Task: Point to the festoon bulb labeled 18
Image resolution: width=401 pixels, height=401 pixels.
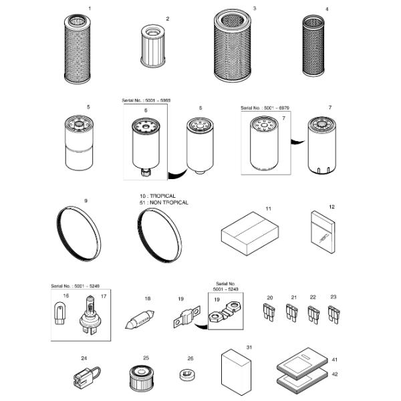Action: (x=140, y=320)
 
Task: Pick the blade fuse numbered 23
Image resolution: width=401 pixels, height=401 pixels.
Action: (x=333, y=313)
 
